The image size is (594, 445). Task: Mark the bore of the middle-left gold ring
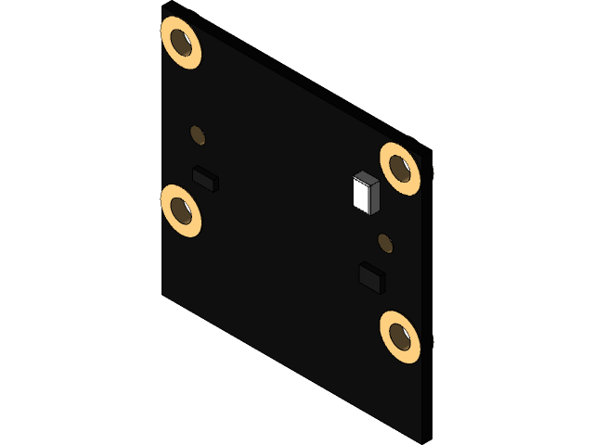pos(183,211)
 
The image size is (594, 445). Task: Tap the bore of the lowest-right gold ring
pos(402,337)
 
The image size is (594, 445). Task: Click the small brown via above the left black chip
pos(198,135)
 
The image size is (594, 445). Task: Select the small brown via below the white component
pos(384,244)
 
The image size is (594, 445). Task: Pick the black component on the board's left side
pos(204,177)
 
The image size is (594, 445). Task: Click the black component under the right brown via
pos(372,277)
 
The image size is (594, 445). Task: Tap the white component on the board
pos(366,193)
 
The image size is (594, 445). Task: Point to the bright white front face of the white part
pos(361,196)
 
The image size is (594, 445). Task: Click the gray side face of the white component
pos(375,198)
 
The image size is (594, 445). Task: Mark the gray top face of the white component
pos(368,178)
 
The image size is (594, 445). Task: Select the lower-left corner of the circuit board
pos(163,293)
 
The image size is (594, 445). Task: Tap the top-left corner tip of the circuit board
pos(163,8)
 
